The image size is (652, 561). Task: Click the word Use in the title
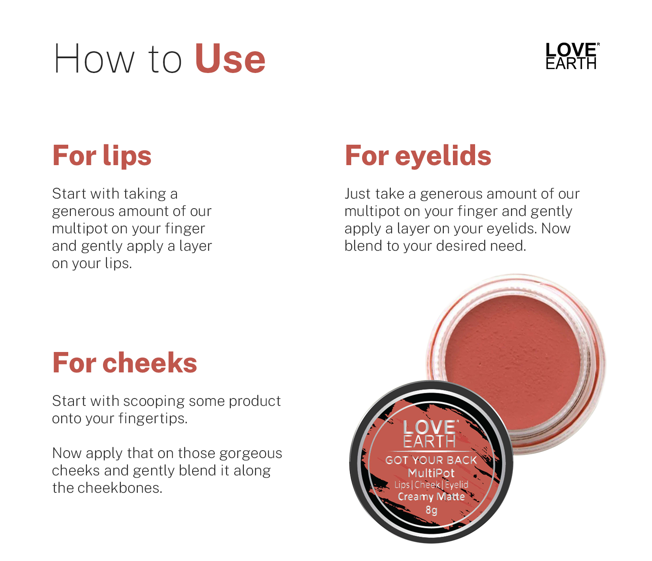point(230,59)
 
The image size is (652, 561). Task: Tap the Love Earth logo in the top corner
point(572,56)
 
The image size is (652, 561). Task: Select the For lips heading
point(102,156)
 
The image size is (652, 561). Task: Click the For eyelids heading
point(418,155)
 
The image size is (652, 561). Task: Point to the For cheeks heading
point(125,363)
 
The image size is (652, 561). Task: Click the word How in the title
point(94,59)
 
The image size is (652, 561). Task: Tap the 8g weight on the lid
point(431,510)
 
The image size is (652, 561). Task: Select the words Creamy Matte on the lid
point(431,497)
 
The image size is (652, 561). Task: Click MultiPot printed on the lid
point(431,473)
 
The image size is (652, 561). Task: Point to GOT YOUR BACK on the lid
point(431,460)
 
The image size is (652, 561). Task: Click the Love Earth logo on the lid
point(430,434)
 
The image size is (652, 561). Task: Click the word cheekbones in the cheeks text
point(120,488)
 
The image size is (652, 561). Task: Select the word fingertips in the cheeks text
point(153,419)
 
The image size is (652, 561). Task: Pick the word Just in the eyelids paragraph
point(356,194)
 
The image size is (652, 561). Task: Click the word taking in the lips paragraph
point(145,194)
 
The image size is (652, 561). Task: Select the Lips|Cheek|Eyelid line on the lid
point(431,485)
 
